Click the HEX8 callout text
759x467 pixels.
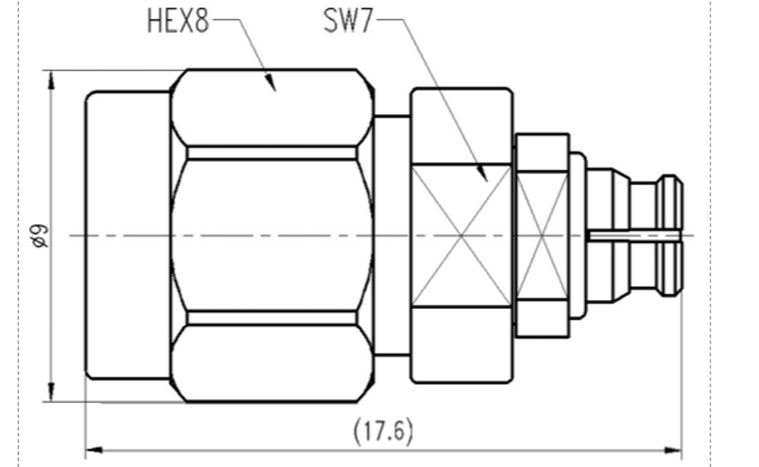click(178, 21)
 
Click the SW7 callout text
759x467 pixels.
click(348, 21)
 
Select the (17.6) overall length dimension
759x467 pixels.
click(383, 431)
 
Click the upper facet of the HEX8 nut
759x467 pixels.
click(272, 110)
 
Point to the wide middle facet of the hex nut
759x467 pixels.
click(272, 235)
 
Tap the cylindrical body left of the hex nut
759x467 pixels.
click(128, 235)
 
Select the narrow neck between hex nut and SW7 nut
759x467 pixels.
click(392, 235)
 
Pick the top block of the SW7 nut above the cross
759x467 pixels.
click(461, 128)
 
